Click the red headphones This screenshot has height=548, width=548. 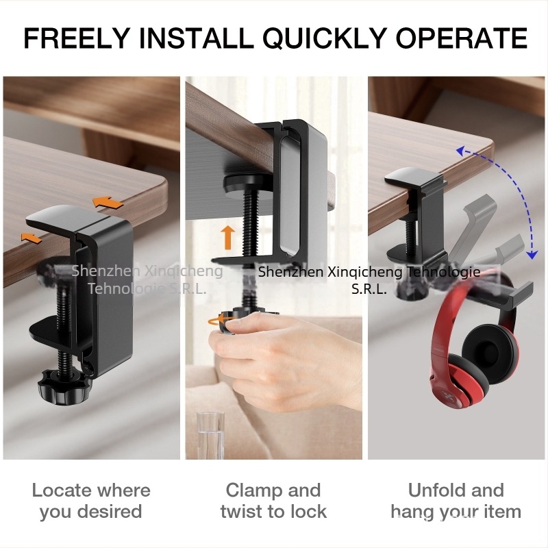(475, 353)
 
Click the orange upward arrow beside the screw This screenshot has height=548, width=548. (228, 237)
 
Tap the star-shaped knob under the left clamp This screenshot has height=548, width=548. (64, 387)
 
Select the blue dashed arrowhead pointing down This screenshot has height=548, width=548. (532, 254)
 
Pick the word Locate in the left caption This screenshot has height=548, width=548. (59, 490)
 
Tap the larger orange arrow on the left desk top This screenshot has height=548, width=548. (108, 202)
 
